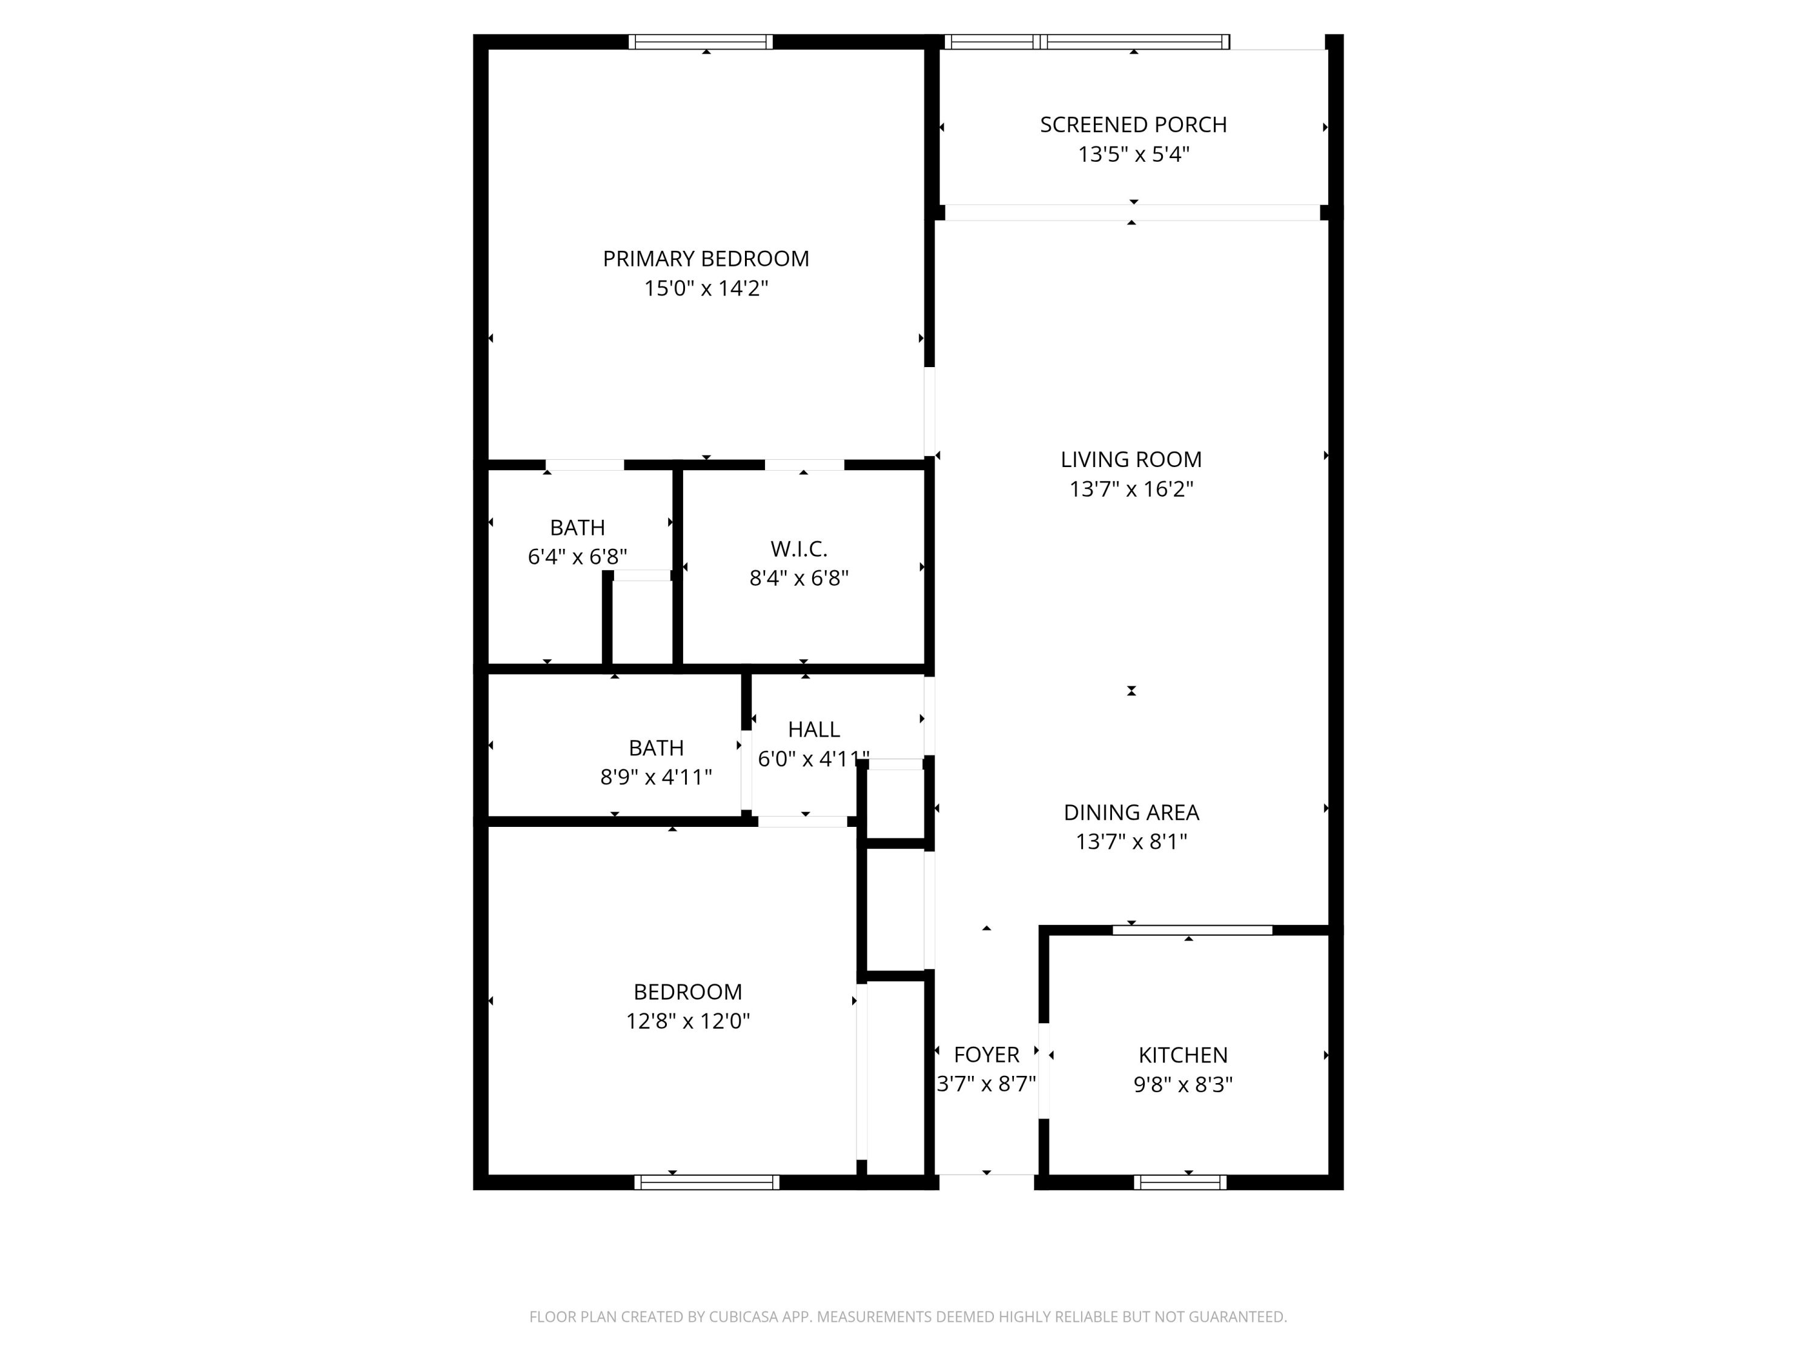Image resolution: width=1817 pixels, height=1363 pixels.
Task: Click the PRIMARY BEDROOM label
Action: point(706,259)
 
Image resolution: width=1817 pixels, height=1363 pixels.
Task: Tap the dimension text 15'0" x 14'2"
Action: point(706,288)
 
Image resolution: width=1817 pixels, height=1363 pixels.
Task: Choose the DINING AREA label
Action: point(1131,812)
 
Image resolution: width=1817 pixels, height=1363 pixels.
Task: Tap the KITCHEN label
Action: point(1183,1055)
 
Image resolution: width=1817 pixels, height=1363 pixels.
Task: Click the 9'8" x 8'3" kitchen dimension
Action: point(1183,1084)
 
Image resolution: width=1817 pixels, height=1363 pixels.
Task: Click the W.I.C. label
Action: point(798,549)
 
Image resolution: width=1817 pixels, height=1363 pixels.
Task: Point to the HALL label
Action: point(813,729)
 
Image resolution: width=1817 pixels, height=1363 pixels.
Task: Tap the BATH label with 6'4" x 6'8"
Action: point(577,528)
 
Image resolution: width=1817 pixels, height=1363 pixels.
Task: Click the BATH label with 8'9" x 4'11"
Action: point(655,748)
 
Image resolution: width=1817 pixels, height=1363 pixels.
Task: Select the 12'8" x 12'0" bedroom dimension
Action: point(687,1021)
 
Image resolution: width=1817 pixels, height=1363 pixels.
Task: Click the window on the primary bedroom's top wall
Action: point(701,42)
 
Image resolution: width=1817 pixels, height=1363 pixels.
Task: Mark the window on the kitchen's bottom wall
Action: point(1180,1182)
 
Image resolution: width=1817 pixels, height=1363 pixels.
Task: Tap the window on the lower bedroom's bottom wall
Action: point(706,1182)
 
